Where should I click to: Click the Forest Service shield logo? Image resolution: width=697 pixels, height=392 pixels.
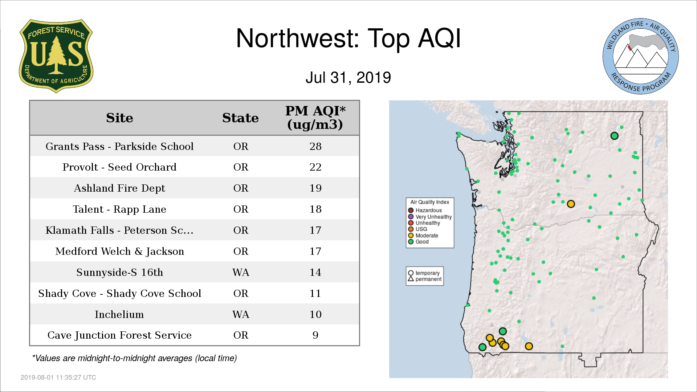click(x=56, y=56)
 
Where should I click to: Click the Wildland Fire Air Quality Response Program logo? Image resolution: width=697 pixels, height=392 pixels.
click(x=640, y=56)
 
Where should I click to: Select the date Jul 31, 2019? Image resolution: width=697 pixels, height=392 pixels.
click(x=348, y=78)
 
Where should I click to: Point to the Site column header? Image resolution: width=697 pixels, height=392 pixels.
click(x=119, y=118)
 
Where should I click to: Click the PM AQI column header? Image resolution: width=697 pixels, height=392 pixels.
click(x=315, y=118)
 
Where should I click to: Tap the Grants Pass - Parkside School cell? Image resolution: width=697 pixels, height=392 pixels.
click(x=119, y=146)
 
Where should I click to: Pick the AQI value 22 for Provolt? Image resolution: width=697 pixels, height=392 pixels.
click(x=315, y=167)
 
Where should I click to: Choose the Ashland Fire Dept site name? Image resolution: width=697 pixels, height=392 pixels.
click(x=119, y=188)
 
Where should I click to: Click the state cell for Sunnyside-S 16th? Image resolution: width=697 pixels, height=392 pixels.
click(x=241, y=272)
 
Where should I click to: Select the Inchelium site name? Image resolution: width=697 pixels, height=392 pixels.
click(x=119, y=314)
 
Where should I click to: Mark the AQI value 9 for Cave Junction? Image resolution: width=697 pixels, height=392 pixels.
click(x=315, y=335)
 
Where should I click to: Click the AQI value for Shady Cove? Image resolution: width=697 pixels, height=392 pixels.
click(x=315, y=293)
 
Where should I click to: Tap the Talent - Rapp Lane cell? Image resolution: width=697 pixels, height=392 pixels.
click(x=119, y=209)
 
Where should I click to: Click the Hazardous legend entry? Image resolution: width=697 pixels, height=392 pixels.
click(x=425, y=210)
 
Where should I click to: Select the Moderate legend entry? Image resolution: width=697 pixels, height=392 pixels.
click(x=423, y=236)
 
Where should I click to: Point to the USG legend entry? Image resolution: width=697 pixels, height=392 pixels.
click(x=417, y=229)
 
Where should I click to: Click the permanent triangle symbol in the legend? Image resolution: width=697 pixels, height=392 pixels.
click(x=411, y=279)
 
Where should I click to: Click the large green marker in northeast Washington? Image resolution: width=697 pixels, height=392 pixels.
click(x=614, y=136)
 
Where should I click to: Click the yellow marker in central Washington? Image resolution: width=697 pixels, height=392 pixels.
click(x=571, y=204)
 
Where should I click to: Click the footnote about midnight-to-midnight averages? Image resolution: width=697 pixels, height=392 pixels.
click(x=134, y=358)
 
